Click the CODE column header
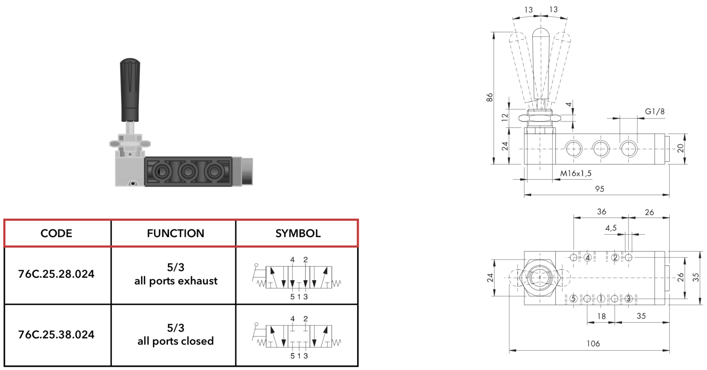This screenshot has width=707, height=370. click(56, 233)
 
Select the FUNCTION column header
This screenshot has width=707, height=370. click(176, 233)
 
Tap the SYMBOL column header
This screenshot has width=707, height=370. click(298, 233)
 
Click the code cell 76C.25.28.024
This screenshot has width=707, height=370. click(56, 274)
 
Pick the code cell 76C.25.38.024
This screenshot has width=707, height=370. click(56, 335)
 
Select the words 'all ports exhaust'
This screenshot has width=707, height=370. click(176, 281)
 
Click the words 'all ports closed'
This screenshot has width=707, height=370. click(176, 341)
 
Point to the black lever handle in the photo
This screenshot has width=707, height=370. click(130, 90)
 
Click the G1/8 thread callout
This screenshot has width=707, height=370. click(655, 111)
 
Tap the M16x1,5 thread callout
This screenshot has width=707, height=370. click(576, 173)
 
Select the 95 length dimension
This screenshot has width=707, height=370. click(600, 189)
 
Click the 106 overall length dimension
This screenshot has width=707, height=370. click(593, 344)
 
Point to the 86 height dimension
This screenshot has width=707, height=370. click(490, 97)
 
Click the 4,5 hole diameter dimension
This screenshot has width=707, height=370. click(611, 228)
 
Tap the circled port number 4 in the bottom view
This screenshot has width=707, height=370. click(588, 258)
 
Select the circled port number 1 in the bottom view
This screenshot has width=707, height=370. click(601, 299)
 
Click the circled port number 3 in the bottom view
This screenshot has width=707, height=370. click(629, 299)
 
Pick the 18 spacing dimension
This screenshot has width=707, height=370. click(602, 316)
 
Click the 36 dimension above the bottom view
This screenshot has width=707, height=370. click(602, 212)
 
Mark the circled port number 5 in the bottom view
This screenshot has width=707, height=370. click(574, 299)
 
